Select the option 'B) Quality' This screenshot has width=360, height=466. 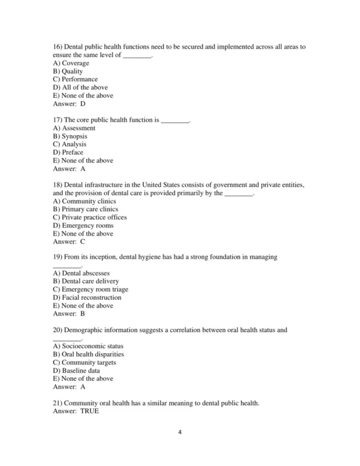click(68, 71)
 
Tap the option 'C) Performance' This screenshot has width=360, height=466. click(75, 79)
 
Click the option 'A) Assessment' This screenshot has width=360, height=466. click(74, 128)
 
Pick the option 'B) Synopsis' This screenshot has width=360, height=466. click(71, 136)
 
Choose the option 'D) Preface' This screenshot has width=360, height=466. click(68, 153)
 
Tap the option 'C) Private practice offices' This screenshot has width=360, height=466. click(89, 217)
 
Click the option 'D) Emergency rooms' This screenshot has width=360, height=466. click(83, 226)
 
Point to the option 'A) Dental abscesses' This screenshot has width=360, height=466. click(81, 273)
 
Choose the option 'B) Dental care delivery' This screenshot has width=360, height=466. click(86, 281)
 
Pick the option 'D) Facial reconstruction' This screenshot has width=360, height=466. click(87, 297)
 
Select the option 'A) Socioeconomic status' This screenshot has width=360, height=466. click(88, 346)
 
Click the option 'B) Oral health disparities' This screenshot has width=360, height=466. click(89, 354)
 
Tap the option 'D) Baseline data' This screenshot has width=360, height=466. click(76, 371)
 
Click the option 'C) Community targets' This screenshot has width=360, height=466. click(85, 363)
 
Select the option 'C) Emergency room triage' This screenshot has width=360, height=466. click(90, 289)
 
